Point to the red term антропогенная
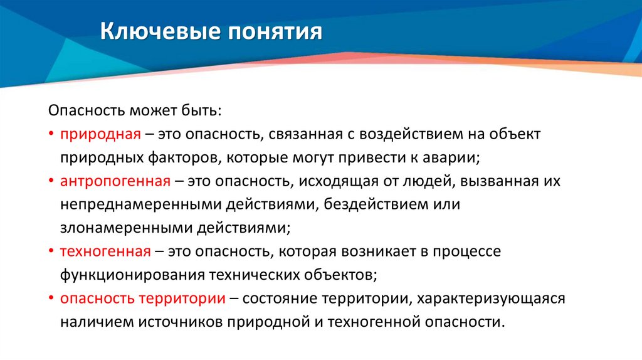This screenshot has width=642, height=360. tap(115, 181)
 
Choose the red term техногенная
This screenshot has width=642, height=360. tap(105, 251)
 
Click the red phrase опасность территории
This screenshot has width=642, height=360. tap(143, 299)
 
